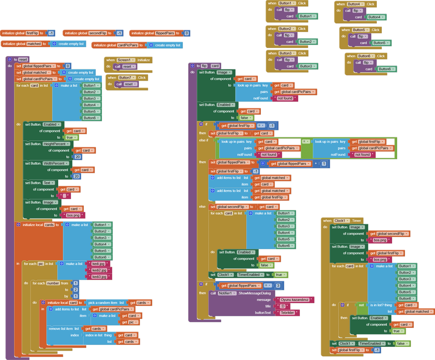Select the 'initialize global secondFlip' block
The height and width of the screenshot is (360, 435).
click(x=76, y=33)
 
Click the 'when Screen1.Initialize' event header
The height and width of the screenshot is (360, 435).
click(x=111, y=60)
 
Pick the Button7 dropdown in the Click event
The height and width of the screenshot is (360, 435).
click(x=126, y=78)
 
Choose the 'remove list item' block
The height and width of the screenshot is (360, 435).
click(x=64, y=329)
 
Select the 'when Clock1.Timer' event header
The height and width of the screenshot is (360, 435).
click(x=327, y=221)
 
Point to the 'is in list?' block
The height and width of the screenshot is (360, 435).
click(x=381, y=305)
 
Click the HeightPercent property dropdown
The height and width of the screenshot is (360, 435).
click(x=56, y=144)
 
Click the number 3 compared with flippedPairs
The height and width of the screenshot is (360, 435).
click(x=278, y=286)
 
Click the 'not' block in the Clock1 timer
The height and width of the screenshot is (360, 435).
click(x=361, y=305)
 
